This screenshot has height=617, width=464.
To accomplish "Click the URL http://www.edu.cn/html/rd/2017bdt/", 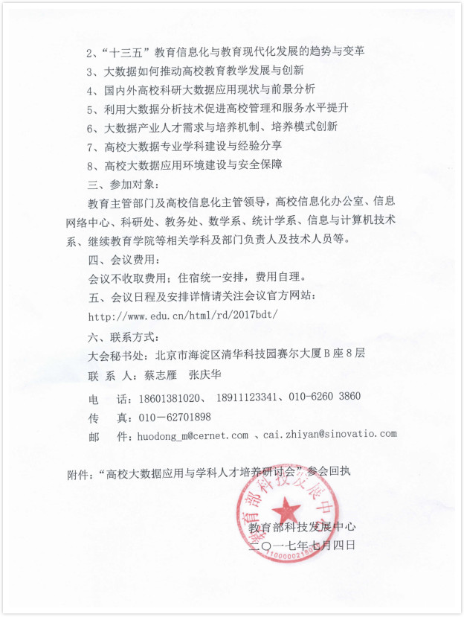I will click(x=183, y=313).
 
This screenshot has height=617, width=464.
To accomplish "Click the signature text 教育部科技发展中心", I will click(x=302, y=527).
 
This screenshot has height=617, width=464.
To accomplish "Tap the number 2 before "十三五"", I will click(x=90, y=53).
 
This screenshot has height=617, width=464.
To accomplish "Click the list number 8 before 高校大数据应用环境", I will click(x=90, y=165).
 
